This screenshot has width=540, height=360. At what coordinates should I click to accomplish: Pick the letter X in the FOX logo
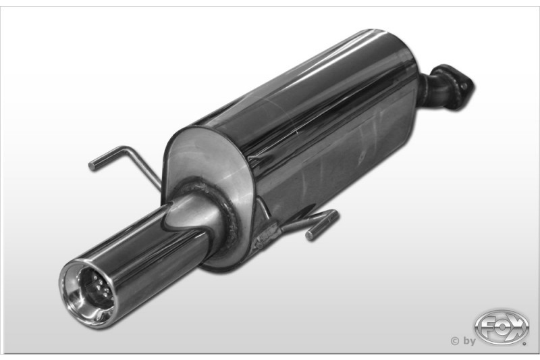tap(516, 327)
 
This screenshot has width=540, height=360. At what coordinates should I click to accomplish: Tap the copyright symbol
tap(455, 341)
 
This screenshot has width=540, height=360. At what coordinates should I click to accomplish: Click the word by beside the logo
tap(469, 341)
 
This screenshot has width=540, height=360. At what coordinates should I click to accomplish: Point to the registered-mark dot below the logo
tap(524, 344)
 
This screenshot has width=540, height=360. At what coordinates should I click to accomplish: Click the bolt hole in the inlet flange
tap(465, 84)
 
